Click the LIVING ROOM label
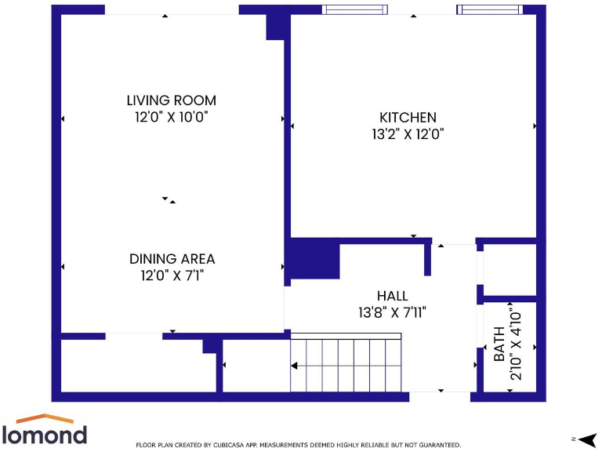pos(171,100)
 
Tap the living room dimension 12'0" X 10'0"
pos(171,117)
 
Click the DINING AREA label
pos(172,259)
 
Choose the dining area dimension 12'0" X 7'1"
pos(172,275)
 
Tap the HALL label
pos(392,296)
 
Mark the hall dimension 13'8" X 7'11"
pos(392,312)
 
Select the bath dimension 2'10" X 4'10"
pos(515,344)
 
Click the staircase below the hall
pos(345,365)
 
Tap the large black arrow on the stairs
pos(295,365)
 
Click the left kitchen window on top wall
pos(355,9)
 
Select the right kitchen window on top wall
pos(489,9)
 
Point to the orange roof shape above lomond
pos(45,419)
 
